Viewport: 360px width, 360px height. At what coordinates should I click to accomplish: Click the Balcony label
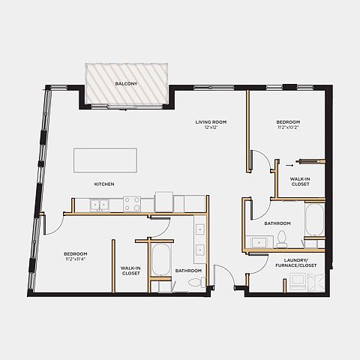point(126,84)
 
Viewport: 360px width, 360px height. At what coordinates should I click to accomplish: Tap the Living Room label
point(211,122)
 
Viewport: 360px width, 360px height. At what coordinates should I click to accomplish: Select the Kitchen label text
point(104,184)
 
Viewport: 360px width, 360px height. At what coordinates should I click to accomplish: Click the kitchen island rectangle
point(105,160)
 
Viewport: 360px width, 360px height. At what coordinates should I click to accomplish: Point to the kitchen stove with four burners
point(132,204)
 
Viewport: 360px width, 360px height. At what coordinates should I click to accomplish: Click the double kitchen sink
point(100,205)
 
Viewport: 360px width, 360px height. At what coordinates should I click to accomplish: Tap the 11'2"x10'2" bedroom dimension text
point(288,127)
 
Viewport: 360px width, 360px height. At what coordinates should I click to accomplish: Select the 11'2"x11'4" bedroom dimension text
point(76,259)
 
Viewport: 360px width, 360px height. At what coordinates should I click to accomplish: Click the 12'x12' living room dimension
point(211,127)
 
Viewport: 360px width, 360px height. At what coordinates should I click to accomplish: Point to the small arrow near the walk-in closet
point(289,165)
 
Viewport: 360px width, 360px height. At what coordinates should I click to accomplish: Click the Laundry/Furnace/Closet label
point(296,263)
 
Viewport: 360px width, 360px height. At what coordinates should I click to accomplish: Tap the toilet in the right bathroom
point(282,238)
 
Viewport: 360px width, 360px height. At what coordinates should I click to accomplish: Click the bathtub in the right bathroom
point(314,220)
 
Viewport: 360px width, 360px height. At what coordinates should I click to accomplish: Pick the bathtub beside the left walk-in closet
point(161,259)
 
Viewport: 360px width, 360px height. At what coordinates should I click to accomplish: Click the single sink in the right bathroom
point(259,242)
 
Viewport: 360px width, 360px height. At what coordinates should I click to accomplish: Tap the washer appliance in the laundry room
point(298,282)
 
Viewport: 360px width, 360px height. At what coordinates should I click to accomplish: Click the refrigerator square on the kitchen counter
point(164,202)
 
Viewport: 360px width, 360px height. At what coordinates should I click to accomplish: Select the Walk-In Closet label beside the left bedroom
point(130,271)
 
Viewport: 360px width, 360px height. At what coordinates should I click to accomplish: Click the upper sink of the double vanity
point(200,229)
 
